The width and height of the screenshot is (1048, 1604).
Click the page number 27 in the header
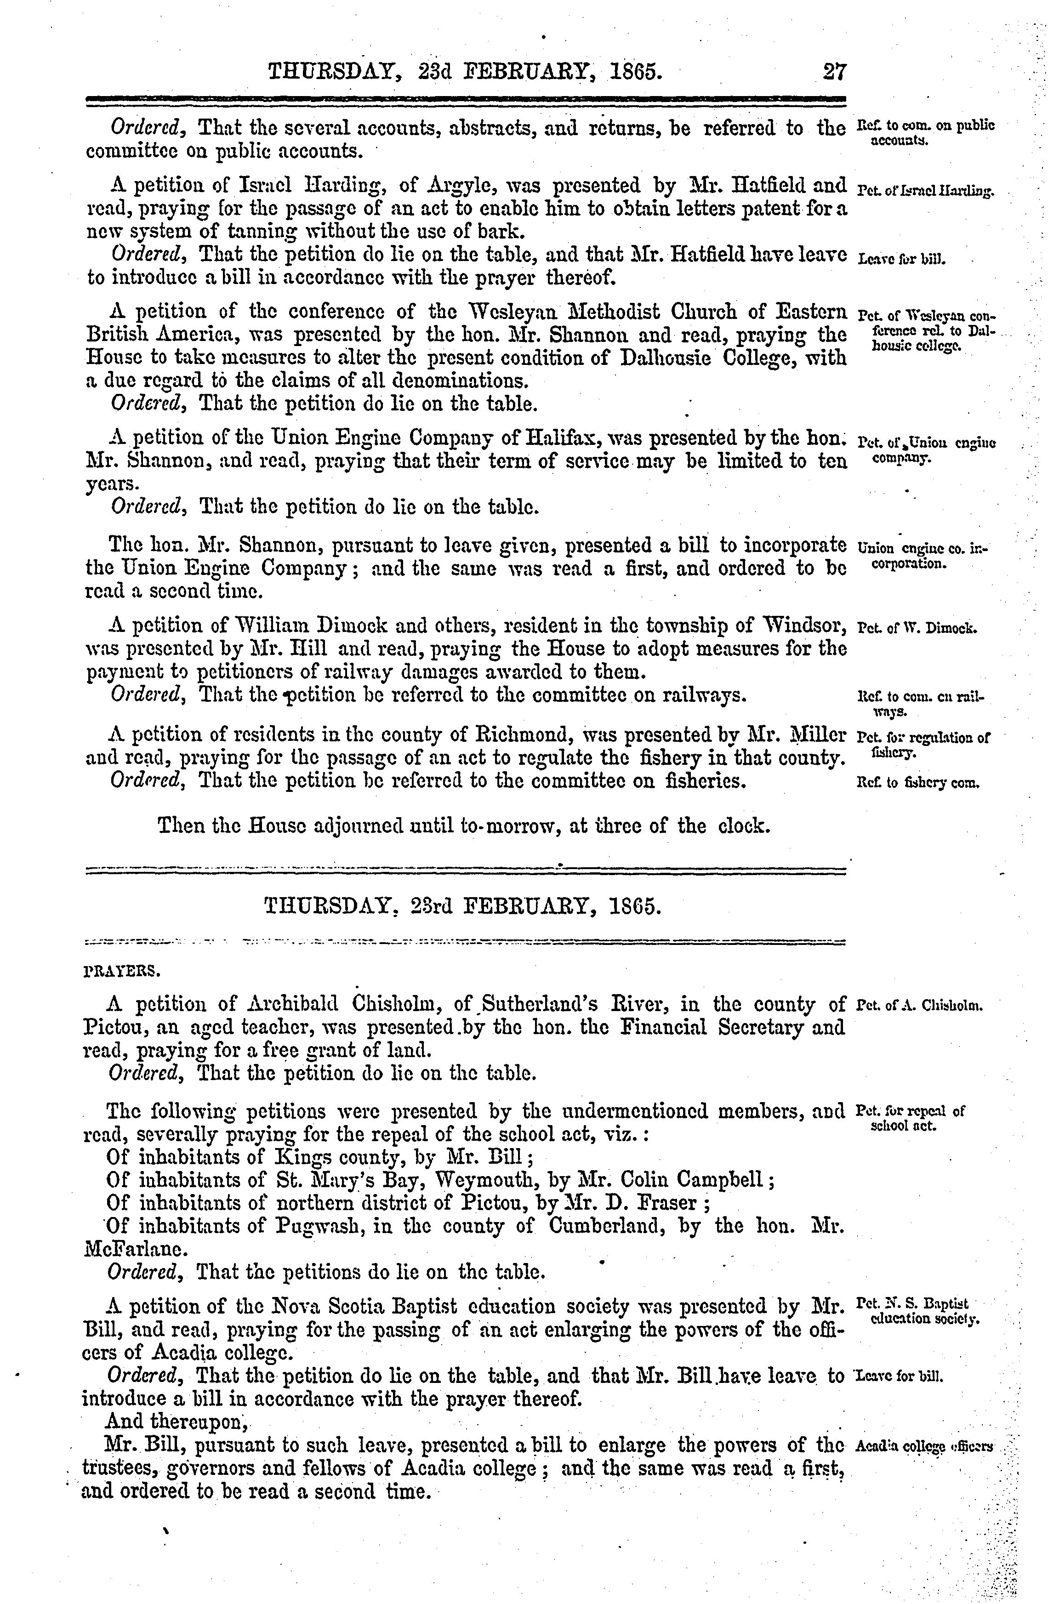(834, 71)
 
